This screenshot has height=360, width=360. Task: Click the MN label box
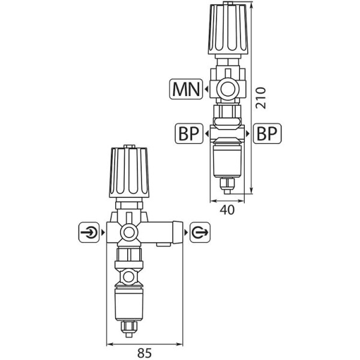click(187, 89)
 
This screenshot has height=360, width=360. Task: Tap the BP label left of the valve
click(188, 133)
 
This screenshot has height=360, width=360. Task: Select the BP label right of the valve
click(267, 133)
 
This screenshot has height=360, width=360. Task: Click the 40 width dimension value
click(227, 209)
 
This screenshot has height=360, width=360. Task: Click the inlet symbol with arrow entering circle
click(89, 231)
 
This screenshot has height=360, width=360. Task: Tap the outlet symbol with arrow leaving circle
click(199, 231)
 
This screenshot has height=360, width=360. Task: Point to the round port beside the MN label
click(227, 89)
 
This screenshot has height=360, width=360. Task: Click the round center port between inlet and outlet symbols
click(128, 232)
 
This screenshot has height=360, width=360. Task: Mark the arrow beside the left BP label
click(206, 133)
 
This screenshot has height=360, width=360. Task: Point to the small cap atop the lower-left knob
click(128, 146)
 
